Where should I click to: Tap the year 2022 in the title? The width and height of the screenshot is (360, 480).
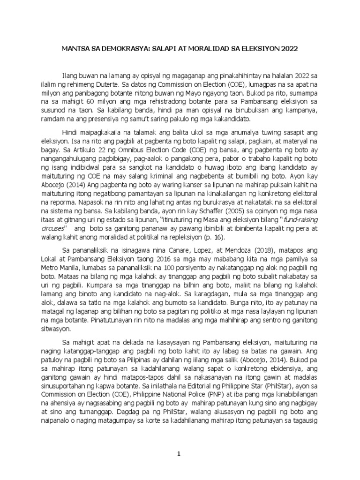point(286,48)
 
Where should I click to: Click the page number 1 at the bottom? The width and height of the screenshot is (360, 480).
point(178,453)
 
